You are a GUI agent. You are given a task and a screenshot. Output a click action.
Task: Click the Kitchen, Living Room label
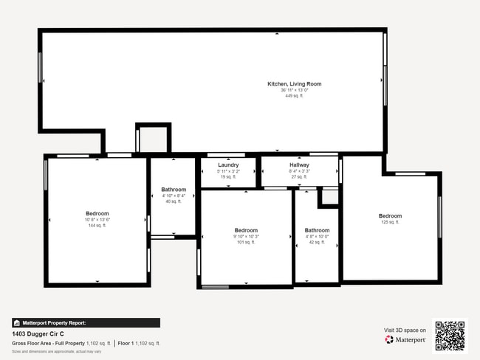point(294,84)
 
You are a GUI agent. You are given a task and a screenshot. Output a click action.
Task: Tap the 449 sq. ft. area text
point(294,96)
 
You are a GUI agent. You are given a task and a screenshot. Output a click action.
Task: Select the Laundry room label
point(228,165)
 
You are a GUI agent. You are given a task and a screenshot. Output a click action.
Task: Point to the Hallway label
point(299,165)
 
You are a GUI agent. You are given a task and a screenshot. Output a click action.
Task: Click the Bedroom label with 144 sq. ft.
point(97,213)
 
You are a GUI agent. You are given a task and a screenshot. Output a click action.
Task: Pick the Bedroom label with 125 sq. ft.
point(390,215)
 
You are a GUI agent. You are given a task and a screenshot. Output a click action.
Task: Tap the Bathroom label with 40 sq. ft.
point(174,190)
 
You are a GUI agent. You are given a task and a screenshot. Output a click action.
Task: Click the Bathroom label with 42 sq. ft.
point(317,230)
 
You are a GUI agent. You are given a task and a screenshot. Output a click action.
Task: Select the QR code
point(449,334)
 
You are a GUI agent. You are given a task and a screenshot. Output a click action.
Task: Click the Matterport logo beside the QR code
point(405,339)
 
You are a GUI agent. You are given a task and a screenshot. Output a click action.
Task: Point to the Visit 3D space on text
point(405,330)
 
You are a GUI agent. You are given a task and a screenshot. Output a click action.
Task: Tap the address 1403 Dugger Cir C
point(38,333)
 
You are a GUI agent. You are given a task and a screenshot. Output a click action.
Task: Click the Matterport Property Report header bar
point(86,322)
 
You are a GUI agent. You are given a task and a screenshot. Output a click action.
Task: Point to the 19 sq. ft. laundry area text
point(228,177)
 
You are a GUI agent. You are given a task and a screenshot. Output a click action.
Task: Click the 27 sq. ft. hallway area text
point(299,177)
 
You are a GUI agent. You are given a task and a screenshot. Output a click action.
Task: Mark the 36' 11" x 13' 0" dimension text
point(294,90)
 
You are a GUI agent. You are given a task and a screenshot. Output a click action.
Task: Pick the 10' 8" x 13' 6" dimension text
point(97,219)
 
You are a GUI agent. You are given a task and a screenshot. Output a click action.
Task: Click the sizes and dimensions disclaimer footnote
point(57,352)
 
